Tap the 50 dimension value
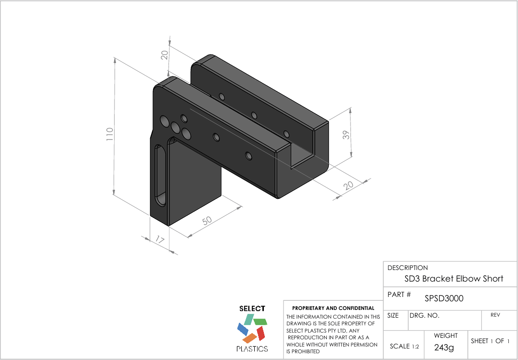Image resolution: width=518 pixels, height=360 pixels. tap(207, 220)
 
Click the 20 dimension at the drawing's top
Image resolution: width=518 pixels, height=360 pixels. tap(165, 55)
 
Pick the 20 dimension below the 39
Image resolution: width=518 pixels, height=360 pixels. tap(349, 185)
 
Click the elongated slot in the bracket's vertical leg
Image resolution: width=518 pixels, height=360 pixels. tap(159, 175)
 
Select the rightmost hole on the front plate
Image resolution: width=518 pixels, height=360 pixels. tap(248, 156)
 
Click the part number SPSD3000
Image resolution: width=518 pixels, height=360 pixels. tap(444, 298)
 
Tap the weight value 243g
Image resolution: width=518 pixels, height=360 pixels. tap(444, 347)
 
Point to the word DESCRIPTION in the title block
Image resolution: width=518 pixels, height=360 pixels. tap(407, 268)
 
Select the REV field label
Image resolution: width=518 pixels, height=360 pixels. tap(495, 315)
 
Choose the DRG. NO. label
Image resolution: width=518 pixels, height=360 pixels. tap(424, 316)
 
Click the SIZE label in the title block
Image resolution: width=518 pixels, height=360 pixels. tap(393, 316)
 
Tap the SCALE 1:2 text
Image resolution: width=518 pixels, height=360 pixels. tap(404, 347)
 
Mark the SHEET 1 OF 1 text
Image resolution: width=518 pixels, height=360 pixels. tap(490, 341)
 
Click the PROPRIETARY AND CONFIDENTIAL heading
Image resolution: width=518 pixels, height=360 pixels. tap(333, 308)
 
